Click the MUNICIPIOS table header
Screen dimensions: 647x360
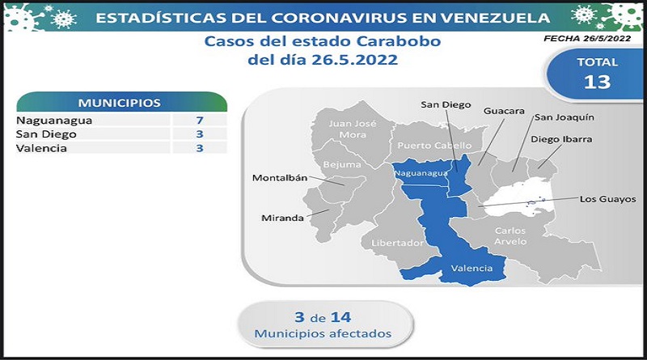pos(120,103)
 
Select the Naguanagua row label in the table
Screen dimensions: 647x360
pos(54,121)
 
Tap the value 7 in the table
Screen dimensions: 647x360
pos(200,121)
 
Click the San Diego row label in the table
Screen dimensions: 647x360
pos(46,134)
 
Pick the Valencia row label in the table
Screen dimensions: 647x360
pos(41,148)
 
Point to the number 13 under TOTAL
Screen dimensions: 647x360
pos(597,83)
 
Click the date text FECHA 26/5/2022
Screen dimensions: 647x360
pos(587,38)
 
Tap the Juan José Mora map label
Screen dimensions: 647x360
pos(353,129)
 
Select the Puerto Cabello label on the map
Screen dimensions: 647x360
pos(434,146)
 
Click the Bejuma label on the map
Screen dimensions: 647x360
pos(342,164)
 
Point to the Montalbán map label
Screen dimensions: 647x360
pos(280,178)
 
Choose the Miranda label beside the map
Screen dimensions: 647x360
pos(282,218)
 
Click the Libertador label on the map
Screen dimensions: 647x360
pos(397,243)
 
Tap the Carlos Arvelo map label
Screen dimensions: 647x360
pos(510,235)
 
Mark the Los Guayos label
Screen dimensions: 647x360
pos(608,199)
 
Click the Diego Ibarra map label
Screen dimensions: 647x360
pos(561,139)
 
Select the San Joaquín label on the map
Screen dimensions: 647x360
pos(565,117)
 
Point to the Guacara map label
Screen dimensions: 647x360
pos(504,111)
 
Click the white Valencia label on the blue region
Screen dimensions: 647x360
pos(472,269)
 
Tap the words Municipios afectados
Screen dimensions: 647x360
pos(323,333)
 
